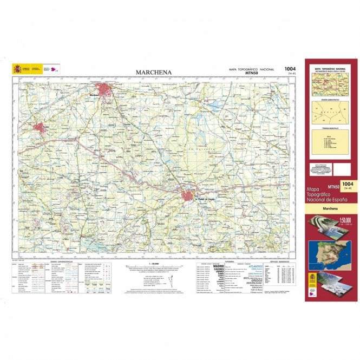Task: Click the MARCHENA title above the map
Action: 154,72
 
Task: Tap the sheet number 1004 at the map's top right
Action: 290,69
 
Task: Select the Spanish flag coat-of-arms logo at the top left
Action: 19,69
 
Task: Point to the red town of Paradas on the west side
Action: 39,128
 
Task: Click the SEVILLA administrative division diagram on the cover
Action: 329,114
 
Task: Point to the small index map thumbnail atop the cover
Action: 329,85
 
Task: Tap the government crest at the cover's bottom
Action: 314,281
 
